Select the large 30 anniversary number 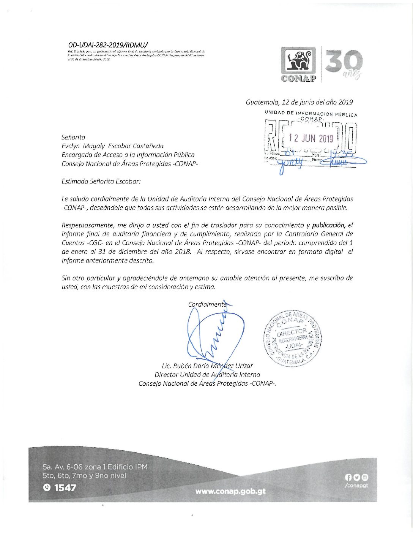click(344, 61)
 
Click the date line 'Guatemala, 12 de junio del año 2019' click(299, 102)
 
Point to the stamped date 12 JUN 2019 click(311, 138)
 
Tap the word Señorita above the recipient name click(74, 137)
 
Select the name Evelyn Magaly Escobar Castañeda click(113, 146)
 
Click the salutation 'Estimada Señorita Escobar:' click(101, 181)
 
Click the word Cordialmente click(207, 304)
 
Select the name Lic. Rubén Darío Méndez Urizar click(207, 366)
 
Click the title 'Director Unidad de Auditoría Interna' click(207, 375)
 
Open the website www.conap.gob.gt click(230, 491)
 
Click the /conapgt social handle click(356, 485)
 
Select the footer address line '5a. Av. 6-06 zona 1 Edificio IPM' click(95, 467)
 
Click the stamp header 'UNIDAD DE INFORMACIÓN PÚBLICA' click(311, 114)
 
